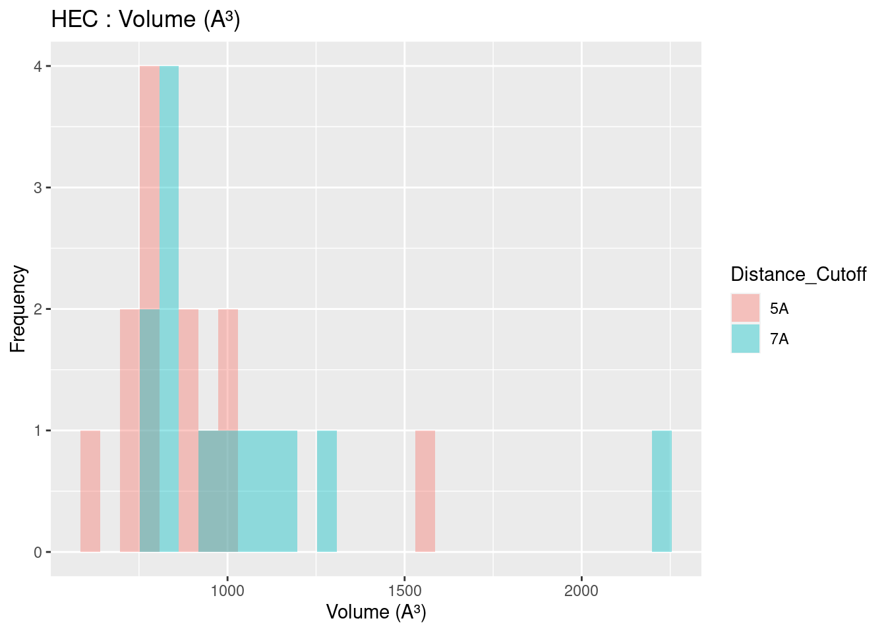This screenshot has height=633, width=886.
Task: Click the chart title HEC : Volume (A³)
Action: [x=146, y=20]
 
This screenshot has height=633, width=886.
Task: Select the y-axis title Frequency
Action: [x=18, y=309]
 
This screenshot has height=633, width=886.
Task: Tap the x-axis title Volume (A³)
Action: [x=376, y=612]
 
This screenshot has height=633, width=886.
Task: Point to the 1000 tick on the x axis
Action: [x=227, y=590]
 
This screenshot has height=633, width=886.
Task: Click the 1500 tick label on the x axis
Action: [x=405, y=590]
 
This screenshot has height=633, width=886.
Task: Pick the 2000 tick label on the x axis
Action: [x=581, y=590]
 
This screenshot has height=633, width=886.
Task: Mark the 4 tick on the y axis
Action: [x=38, y=67]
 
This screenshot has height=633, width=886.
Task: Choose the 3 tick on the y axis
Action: [x=38, y=188]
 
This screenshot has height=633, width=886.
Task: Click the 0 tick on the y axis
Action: [x=38, y=552]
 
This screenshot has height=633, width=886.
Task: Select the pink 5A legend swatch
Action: [x=746, y=308]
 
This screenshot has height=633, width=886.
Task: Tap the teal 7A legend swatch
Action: [x=746, y=338]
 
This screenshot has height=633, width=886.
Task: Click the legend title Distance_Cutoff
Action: [x=798, y=274]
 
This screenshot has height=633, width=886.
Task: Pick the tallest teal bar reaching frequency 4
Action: [x=169, y=198]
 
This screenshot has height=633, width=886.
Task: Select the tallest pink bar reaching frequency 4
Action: [x=150, y=185]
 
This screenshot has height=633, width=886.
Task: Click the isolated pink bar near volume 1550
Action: [x=425, y=491]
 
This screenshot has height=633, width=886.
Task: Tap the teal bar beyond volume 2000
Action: [x=662, y=491]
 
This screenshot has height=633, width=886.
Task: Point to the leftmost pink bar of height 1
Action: [x=90, y=491]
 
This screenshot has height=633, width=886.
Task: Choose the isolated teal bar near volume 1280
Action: [x=327, y=491]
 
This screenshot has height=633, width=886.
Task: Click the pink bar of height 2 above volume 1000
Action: [x=228, y=369]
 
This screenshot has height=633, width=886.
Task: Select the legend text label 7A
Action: [x=779, y=339]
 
